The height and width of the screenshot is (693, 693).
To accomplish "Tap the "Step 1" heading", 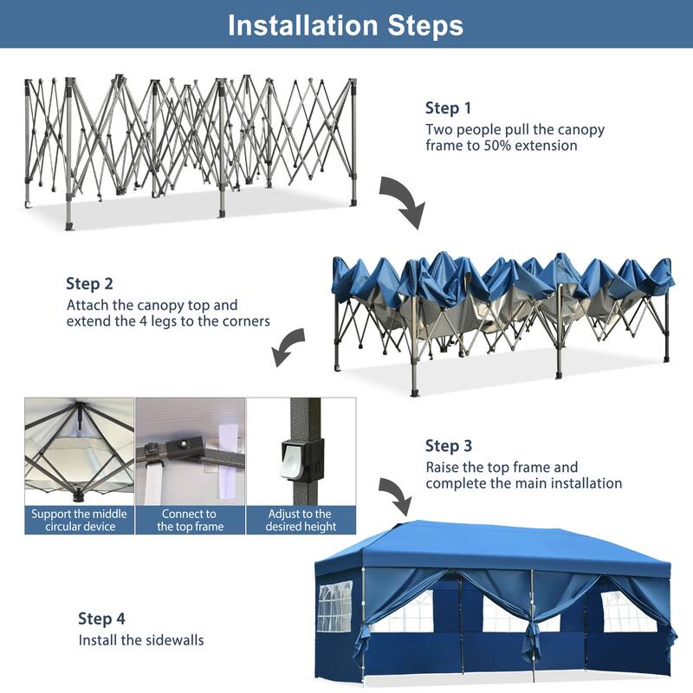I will pos(448,108).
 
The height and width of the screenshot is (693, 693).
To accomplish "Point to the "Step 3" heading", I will pos(448,446).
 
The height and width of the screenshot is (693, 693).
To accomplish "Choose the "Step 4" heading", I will pos(101,619).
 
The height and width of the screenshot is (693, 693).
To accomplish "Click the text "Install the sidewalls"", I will pos(141,641).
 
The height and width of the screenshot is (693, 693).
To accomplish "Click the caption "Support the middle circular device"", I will pos(79,520).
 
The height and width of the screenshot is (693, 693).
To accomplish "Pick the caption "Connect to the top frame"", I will pos(190,520).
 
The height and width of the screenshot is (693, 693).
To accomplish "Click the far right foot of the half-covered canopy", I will pos(666,359).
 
